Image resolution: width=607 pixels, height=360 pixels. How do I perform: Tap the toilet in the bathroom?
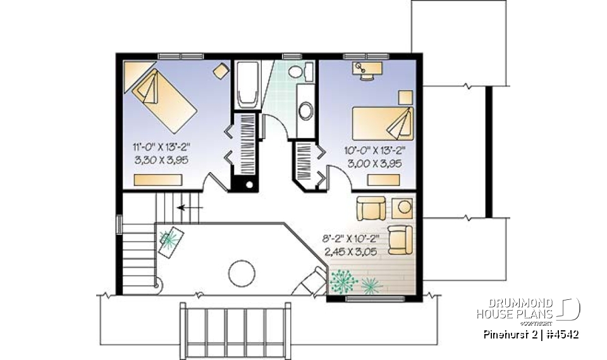click(303, 71)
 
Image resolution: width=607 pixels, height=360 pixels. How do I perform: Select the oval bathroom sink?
click(305, 111)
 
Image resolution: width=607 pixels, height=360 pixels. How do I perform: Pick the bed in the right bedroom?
click(382, 123)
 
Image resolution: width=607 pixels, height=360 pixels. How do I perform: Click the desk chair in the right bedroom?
click(366, 75)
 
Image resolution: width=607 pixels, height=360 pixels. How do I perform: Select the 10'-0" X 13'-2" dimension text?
click(376, 151)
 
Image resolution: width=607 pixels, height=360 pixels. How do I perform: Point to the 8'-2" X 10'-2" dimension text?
click(355, 240)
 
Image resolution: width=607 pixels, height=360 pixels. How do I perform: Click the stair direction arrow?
click(190, 206)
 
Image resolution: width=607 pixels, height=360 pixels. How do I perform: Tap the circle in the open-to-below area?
click(241, 273)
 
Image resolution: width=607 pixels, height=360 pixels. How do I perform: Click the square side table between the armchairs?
click(403, 207)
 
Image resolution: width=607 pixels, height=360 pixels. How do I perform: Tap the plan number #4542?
click(562, 334)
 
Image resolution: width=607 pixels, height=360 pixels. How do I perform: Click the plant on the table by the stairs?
click(169, 238)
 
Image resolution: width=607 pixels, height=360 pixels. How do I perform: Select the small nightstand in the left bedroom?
click(221, 71)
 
